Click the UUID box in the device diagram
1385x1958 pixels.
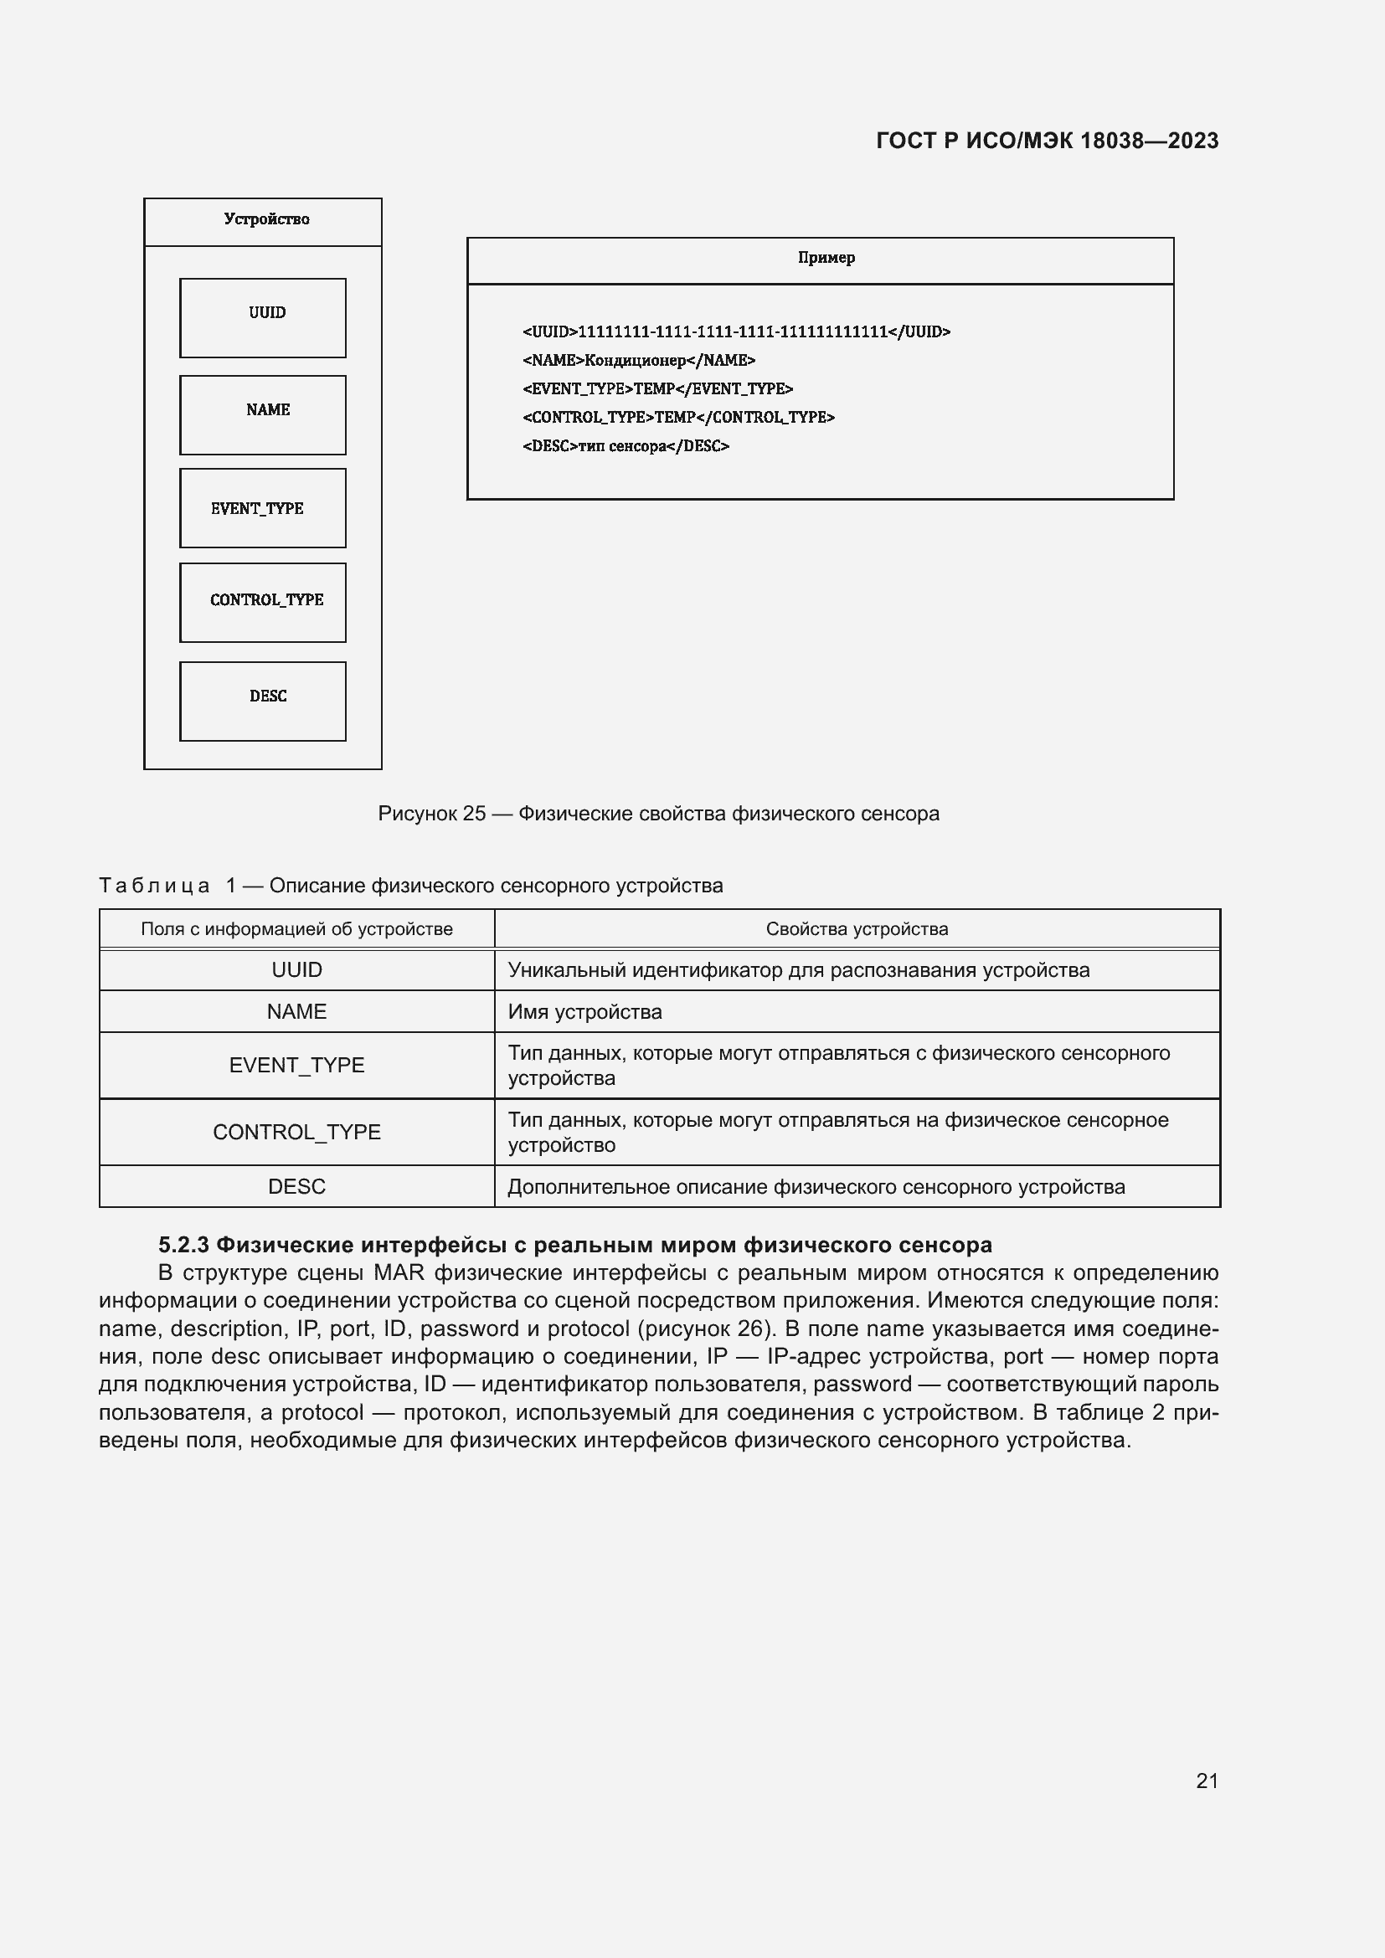(263, 317)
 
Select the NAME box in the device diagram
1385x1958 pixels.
(263, 414)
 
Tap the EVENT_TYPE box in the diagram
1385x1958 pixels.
(263, 507)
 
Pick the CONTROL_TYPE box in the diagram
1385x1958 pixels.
(263, 602)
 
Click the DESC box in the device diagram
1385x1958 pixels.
(263, 700)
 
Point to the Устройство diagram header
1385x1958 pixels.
(265, 220)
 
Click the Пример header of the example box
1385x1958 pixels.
(825, 259)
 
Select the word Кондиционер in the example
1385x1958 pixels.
(636, 361)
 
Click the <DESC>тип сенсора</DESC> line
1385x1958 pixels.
(626, 446)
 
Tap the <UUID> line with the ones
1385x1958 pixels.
(735, 331)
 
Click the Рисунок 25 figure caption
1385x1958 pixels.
(657, 814)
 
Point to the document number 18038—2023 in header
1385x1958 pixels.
(1149, 141)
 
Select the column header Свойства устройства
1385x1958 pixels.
(857, 928)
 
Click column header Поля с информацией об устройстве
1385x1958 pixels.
(296, 928)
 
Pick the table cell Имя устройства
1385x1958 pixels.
(585, 1011)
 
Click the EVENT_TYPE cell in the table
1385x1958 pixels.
(296, 1065)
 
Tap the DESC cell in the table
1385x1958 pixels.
(296, 1186)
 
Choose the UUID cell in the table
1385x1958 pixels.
(296, 969)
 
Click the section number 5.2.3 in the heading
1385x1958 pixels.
(183, 1245)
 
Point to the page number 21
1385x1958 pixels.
(1206, 1781)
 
